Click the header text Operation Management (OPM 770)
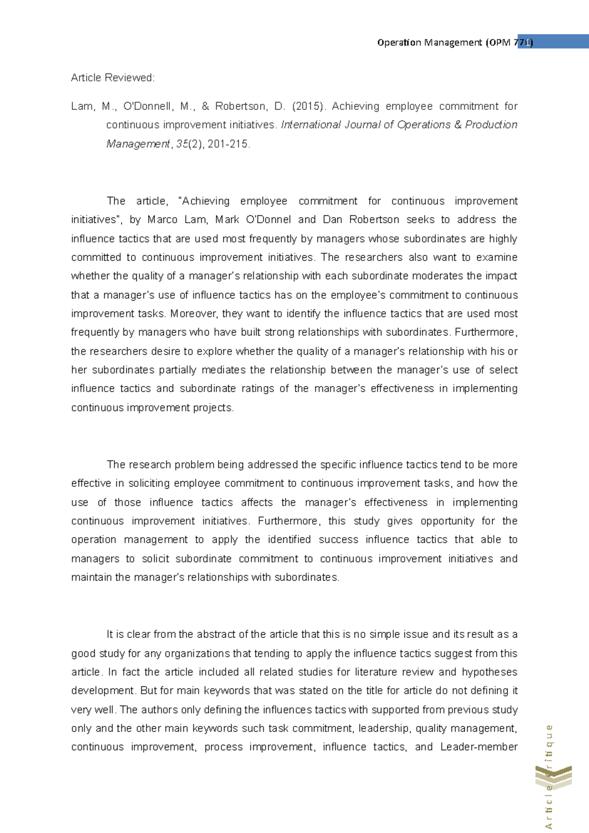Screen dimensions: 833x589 455,42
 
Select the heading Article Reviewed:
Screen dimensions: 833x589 113,78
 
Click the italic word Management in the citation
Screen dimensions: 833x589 138,144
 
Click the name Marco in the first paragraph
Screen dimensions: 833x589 162,220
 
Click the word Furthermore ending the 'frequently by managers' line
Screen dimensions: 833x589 485,333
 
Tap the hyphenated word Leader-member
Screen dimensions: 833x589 479,747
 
